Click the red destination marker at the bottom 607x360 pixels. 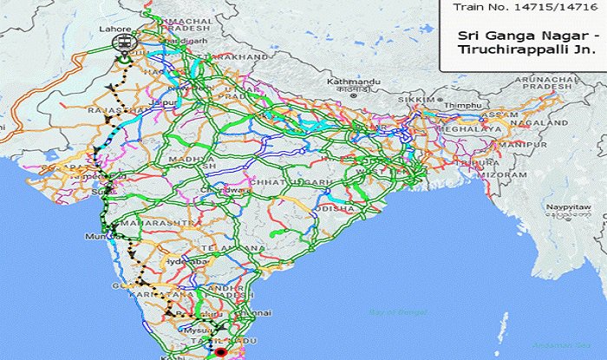pyautogui.click(x=219, y=352)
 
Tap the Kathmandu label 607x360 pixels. pyautogui.click(x=348, y=82)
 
